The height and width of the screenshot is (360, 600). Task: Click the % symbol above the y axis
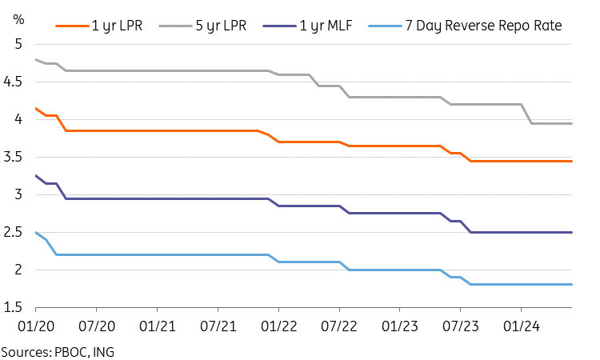[x=18, y=18]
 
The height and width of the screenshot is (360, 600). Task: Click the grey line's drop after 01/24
[x=527, y=114]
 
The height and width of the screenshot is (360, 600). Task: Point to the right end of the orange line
[x=572, y=161]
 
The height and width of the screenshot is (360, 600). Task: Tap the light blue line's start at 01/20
[x=36, y=232]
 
